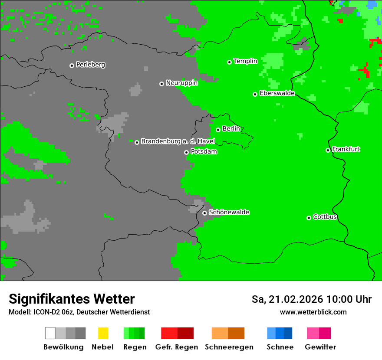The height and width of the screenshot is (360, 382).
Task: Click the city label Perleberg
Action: [x=90, y=65]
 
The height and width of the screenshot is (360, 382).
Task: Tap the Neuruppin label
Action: [x=181, y=83]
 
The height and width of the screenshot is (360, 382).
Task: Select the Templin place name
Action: [x=245, y=61]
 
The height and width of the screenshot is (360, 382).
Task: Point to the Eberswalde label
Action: [x=277, y=93]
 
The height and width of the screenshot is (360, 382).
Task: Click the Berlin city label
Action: [x=231, y=129]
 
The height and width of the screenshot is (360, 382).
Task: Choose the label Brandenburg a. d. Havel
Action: [x=178, y=141]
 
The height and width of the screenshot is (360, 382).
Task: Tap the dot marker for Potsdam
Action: [x=186, y=152]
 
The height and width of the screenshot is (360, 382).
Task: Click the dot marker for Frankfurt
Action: [x=328, y=150]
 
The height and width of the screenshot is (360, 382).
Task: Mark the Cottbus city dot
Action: [x=309, y=218]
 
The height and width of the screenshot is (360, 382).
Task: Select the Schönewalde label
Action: [x=229, y=213]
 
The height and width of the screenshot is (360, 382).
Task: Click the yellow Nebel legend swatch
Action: [x=103, y=333]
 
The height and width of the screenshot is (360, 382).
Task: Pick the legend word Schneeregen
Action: [x=229, y=347]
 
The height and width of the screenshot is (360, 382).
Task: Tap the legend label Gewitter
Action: [x=320, y=347]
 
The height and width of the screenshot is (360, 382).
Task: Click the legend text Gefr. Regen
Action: [x=177, y=347]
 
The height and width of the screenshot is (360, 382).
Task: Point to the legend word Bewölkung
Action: [x=63, y=347]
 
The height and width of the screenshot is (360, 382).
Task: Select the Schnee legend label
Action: [x=280, y=347]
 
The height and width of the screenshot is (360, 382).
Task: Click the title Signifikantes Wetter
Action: [x=72, y=299]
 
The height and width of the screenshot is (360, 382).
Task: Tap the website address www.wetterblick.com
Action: [x=313, y=312]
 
